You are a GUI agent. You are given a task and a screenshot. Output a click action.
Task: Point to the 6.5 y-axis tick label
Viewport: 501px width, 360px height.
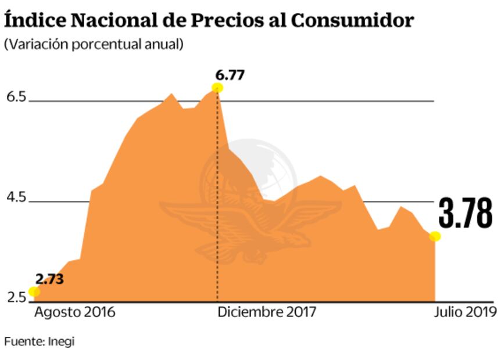tap(17, 97)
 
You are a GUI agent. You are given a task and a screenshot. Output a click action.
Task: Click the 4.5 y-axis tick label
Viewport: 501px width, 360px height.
tap(17, 198)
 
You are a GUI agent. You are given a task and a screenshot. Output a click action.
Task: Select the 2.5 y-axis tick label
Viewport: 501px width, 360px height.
tap(17, 298)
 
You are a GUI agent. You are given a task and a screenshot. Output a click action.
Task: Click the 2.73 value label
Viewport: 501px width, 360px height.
tap(49, 279)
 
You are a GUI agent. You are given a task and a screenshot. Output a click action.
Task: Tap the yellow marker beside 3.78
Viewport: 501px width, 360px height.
tap(435, 236)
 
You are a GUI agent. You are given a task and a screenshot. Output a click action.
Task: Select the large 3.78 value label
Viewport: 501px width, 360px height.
tap(465, 213)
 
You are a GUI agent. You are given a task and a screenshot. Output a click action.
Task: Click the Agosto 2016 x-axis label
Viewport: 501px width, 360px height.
tap(74, 312)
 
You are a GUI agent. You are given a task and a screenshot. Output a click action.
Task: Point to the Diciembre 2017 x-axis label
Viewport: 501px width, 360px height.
tap(267, 312)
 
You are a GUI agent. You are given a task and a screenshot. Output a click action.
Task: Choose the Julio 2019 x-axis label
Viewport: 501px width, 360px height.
tap(465, 312)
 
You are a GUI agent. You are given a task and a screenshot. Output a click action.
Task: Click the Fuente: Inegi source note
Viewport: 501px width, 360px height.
tap(39, 341)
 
